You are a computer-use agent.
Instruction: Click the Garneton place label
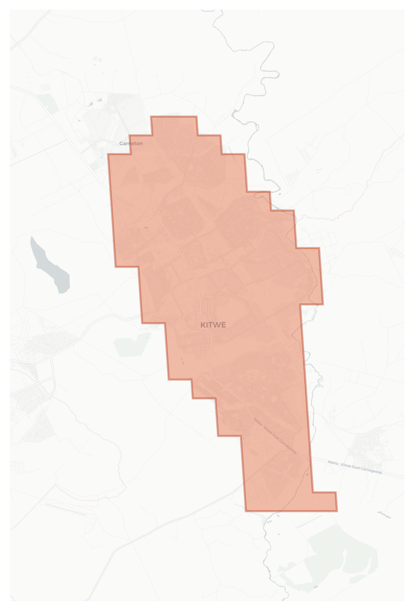[131, 143]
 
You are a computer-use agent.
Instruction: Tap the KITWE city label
[213, 325]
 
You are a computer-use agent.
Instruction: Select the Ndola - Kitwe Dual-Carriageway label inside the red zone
[275, 436]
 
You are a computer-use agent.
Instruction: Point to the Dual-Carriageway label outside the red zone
[355, 467]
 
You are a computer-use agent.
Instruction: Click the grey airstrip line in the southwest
[66, 509]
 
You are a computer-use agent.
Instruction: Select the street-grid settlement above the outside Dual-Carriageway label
[370, 445]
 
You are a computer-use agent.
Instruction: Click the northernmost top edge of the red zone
[174, 116]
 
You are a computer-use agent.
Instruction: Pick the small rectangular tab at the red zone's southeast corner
[324, 501]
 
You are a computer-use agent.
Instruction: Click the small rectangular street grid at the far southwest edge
[17, 466]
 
